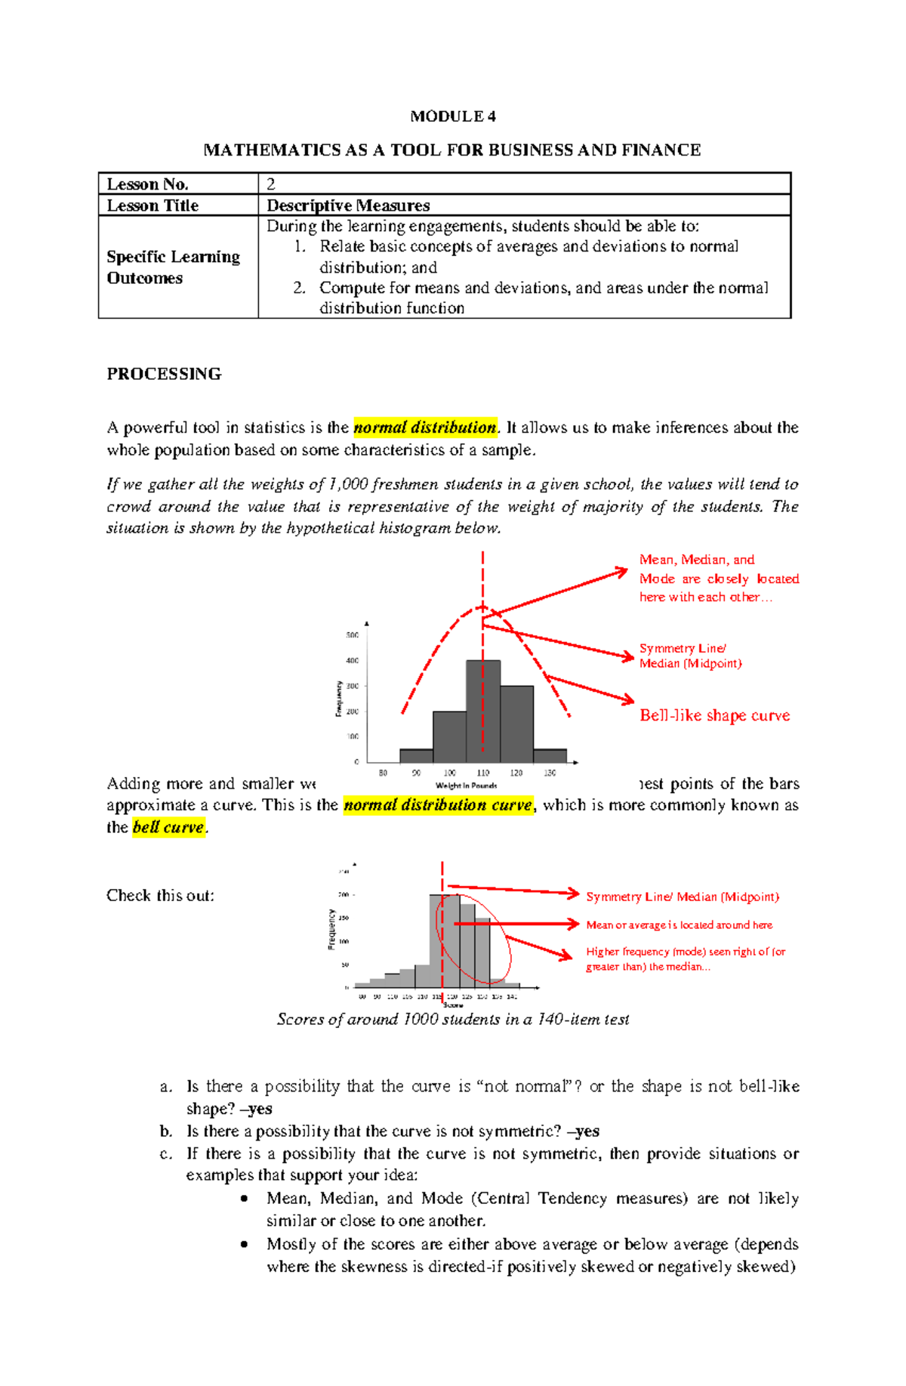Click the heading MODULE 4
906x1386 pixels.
coord(452,116)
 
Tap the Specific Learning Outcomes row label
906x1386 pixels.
coord(174,267)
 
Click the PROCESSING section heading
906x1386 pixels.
coord(164,374)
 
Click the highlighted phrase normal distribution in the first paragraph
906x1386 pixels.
coord(425,428)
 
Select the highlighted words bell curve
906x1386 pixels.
coord(168,827)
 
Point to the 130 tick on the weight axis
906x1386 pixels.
coord(550,773)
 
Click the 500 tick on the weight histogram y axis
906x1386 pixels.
coord(353,635)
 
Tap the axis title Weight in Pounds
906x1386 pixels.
coord(466,786)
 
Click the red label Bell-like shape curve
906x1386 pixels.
coord(714,715)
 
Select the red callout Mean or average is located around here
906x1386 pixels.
coord(679,925)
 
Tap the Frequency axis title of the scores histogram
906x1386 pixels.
coord(331,929)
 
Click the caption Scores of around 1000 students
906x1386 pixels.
coord(452,1020)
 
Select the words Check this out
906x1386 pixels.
coord(160,896)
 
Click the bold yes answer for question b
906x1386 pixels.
coord(587,1131)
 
